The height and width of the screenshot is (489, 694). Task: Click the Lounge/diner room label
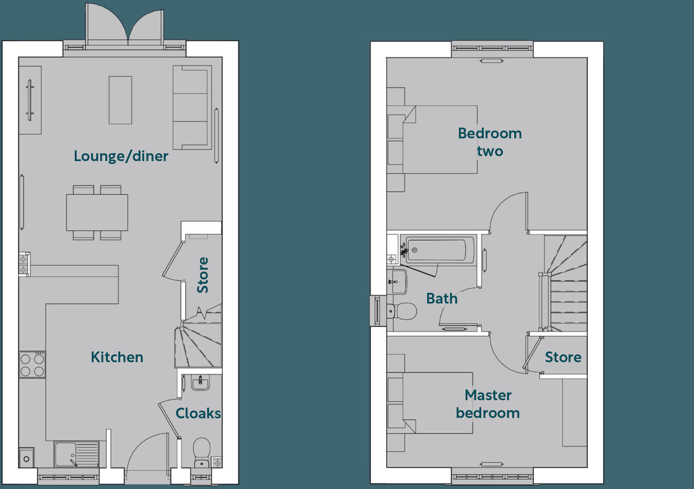(x=121, y=156)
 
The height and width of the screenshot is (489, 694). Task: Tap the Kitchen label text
(x=117, y=357)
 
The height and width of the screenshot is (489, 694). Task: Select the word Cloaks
(x=198, y=413)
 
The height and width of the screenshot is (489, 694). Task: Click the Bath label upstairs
(x=442, y=299)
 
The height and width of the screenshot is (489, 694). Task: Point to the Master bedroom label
(x=488, y=404)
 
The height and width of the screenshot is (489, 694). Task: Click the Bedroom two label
(x=490, y=142)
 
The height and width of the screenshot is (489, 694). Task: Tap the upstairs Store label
(x=563, y=357)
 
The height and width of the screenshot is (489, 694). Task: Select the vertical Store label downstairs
(x=202, y=275)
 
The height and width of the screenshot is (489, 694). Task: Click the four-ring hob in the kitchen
(x=32, y=365)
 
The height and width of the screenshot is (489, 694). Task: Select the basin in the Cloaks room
(x=201, y=383)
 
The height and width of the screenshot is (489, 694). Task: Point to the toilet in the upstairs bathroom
(x=402, y=311)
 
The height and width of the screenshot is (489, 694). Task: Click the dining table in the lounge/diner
(x=97, y=212)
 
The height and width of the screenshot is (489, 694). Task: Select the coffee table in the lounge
(x=120, y=100)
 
